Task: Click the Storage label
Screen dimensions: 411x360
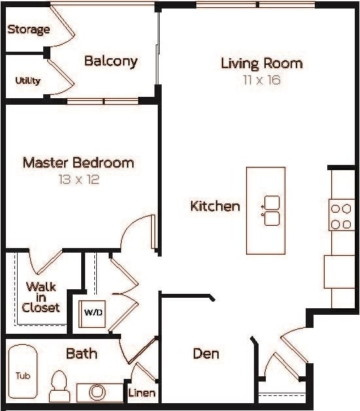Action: point(29,29)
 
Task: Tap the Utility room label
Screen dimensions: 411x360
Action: point(27,80)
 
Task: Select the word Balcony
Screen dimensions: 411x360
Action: point(111,62)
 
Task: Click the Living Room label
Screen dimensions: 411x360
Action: point(261,63)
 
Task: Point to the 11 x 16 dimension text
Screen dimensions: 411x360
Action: point(261,80)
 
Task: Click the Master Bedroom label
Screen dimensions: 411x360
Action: point(78,162)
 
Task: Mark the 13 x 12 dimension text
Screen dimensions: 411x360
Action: point(78,179)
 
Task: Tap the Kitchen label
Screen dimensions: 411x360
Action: point(215,206)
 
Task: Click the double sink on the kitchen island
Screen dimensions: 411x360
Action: point(271,210)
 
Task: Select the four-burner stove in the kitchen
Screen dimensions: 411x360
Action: point(341,216)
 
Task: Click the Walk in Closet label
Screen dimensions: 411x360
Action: point(41,297)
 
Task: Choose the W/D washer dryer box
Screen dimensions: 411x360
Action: point(92,312)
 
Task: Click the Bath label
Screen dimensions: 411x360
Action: point(82,353)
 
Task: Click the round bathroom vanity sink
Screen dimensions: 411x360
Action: point(98,392)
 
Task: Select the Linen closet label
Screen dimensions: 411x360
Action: point(142,393)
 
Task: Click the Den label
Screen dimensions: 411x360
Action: point(206,353)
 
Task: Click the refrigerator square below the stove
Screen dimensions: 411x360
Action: point(339,272)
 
